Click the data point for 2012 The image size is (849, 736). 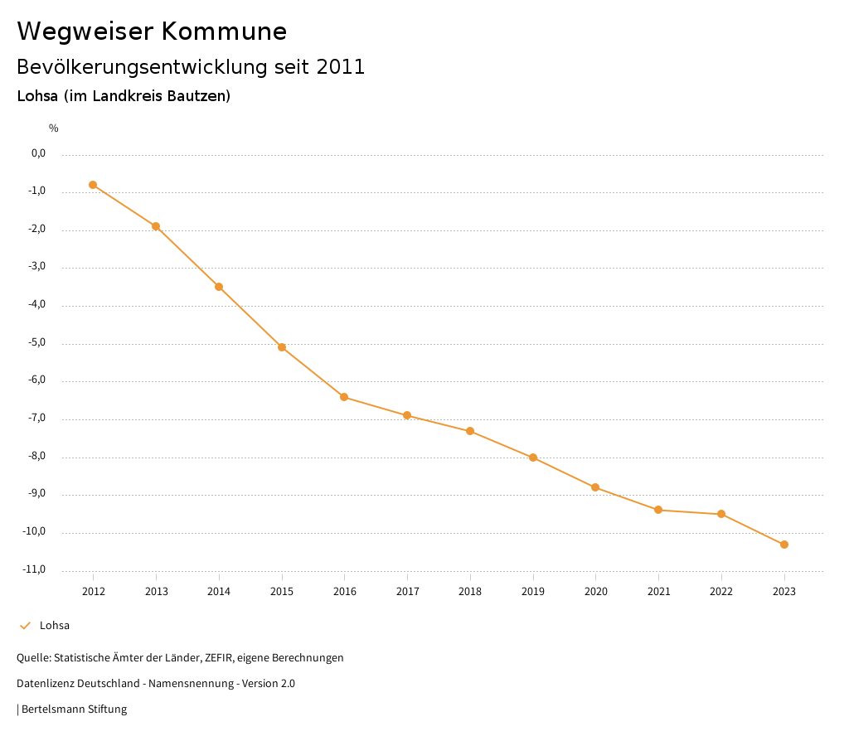point(93,185)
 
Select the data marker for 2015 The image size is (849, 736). point(282,347)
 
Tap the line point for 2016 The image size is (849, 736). point(344,397)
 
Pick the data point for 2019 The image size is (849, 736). point(533,458)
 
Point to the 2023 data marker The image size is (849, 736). point(784,545)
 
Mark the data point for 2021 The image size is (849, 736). point(658,510)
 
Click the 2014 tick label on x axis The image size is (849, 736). point(219,591)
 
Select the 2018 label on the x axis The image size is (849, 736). point(470,591)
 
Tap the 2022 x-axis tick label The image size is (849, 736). point(721,591)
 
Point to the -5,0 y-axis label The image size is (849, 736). point(38,342)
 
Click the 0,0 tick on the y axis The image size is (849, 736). point(39,153)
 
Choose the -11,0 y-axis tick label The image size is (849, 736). point(36,569)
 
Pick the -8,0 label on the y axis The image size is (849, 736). point(38,456)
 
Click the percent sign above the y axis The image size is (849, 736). point(54,128)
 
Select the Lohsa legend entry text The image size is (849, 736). point(55,626)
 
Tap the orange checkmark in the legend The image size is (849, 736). point(25,626)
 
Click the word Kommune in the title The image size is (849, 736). point(224,31)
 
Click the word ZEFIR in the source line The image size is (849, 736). point(218,658)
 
